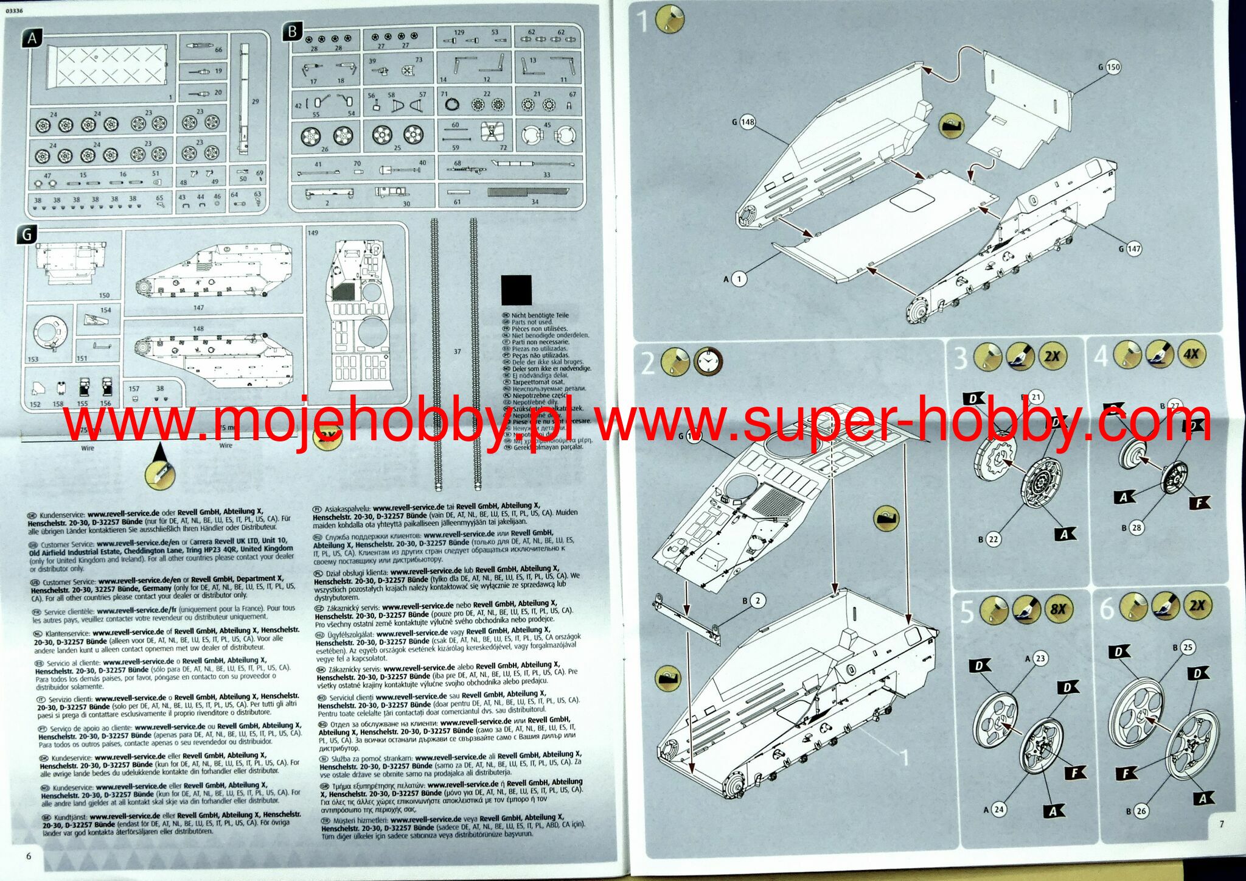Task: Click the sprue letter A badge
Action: (33, 38)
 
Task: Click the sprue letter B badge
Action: (293, 32)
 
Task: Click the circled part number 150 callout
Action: (1113, 67)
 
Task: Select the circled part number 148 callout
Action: (748, 122)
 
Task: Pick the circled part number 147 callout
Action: (1134, 248)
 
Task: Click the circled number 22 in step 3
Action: (994, 539)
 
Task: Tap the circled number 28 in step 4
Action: (1136, 527)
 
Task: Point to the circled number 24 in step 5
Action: (999, 809)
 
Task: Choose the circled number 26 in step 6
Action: (1141, 810)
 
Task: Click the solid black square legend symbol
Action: (516, 290)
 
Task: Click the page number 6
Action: (28, 855)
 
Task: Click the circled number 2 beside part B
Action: (757, 601)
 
